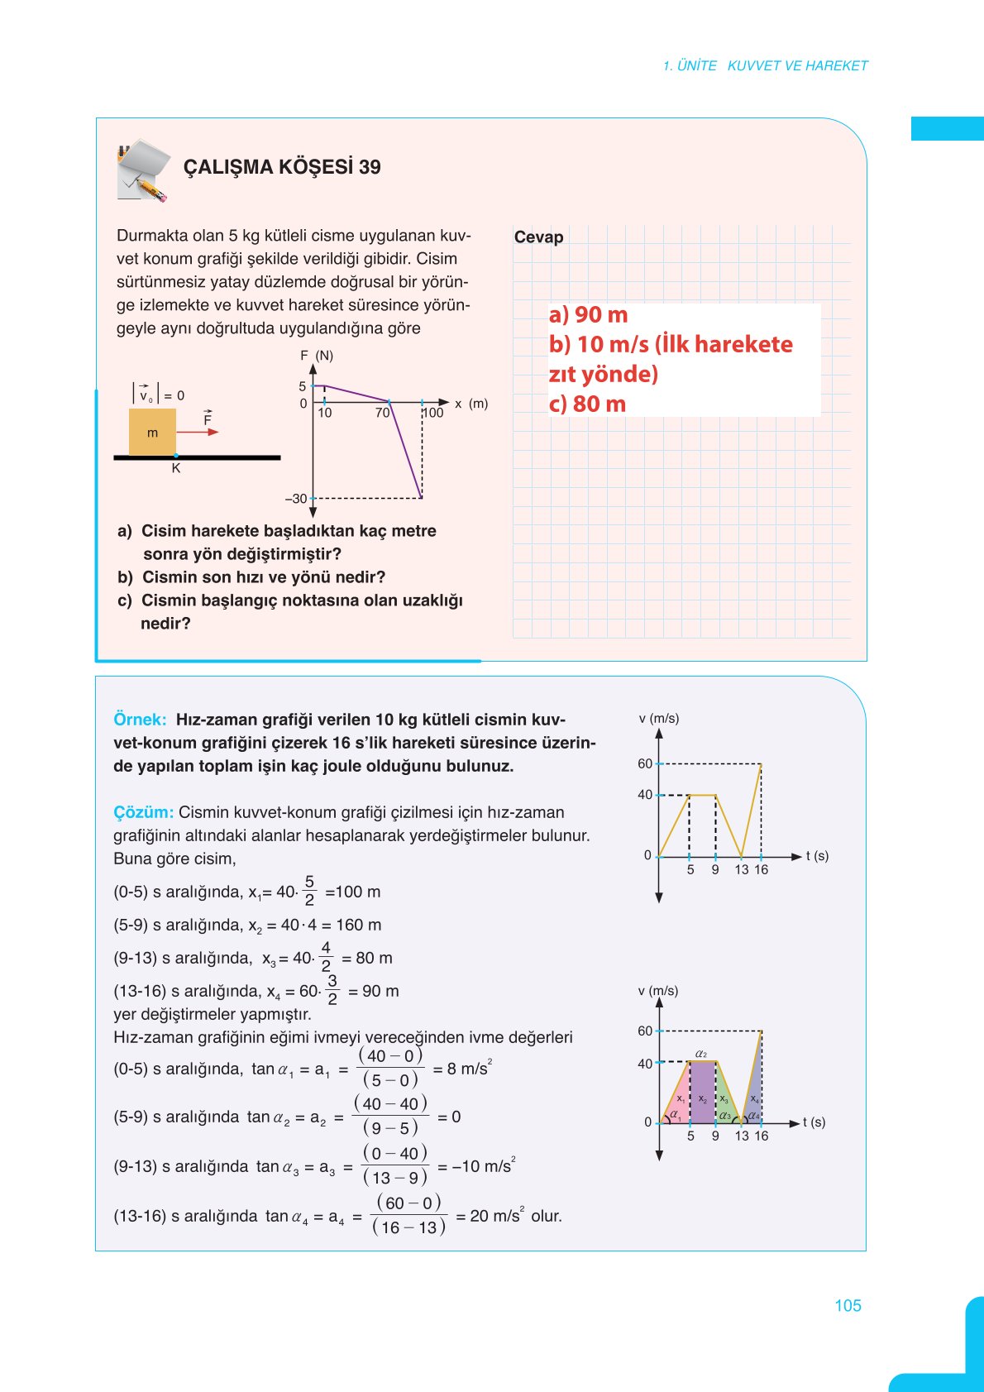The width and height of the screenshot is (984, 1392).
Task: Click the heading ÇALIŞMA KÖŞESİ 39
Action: point(281,167)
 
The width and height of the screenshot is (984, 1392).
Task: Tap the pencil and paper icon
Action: point(143,171)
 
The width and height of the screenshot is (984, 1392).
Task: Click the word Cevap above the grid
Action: point(538,237)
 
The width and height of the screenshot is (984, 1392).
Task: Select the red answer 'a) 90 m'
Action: point(588,315)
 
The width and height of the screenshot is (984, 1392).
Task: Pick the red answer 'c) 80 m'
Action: point(587,404)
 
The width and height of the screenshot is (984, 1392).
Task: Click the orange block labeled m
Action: point(152,432)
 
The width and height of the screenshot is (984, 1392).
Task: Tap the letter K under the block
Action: point(175,469)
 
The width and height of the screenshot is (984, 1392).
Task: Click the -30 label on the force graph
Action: point(296,499)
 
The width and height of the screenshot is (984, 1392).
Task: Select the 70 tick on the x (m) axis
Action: point(382,413)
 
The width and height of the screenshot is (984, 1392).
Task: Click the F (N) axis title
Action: point(317,356)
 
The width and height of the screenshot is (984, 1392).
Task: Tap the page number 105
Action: point(848,1305)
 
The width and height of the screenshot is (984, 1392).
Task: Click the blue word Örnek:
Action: point(140,720)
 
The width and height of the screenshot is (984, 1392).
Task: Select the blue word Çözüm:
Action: point(143,812)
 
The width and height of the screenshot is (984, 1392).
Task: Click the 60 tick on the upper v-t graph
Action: point(645,763)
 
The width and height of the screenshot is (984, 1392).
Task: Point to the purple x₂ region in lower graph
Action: point(703,1096)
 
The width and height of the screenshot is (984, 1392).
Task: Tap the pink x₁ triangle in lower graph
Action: point(678,1104)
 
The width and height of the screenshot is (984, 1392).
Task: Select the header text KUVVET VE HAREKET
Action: point(797,65)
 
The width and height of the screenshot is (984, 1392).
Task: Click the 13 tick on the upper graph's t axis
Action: point(741,869)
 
